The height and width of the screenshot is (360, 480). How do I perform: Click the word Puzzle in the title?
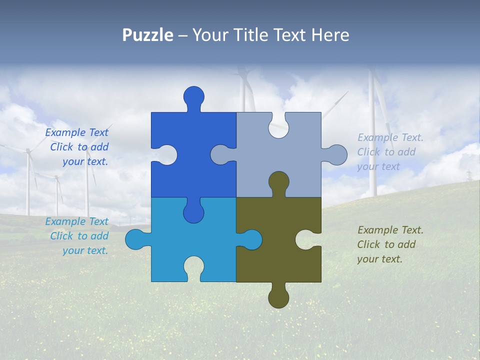point(148,35)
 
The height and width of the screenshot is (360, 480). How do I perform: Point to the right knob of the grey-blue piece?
point(336,154)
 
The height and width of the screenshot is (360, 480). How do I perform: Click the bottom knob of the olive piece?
point(278,297)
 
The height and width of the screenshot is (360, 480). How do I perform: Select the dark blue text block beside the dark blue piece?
point(77,147)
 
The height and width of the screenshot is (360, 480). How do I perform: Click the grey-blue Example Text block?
point(390,152)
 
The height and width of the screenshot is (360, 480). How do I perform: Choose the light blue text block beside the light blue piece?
point(77,236)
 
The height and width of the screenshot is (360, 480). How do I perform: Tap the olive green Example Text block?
point(390,244)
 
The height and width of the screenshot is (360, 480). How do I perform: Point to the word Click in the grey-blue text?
point(368,152)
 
